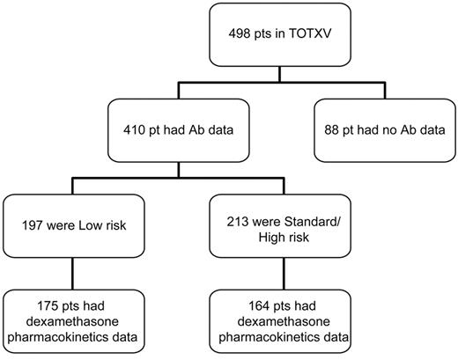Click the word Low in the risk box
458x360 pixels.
[116, 225]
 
